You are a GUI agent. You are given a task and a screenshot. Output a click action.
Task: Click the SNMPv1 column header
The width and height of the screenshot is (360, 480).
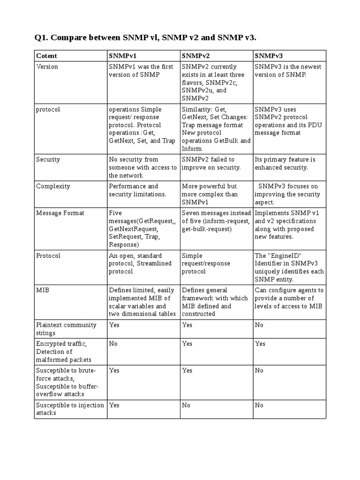coord(122,56)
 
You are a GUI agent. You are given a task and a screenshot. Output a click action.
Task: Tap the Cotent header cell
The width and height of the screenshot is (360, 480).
coord(46,56)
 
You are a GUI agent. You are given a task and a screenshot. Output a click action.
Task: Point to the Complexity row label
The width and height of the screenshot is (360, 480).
coord(53,186)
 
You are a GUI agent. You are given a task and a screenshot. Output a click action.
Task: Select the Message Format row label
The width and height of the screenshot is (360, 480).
coord(60,213)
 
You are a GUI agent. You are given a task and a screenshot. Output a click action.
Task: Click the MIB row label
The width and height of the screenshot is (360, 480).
coord(42,290)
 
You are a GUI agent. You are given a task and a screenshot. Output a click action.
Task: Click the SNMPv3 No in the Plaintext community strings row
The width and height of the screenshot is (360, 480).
coord(259,324)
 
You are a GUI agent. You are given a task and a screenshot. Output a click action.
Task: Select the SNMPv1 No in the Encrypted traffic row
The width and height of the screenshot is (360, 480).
coord(113,344)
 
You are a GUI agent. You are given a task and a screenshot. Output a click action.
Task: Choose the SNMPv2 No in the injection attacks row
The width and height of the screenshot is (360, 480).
coord(186,405)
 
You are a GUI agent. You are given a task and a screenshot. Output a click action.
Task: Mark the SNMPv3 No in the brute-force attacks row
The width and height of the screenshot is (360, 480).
coord(259,370)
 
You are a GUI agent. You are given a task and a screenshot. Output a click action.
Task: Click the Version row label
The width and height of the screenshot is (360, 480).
coord(47,67)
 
